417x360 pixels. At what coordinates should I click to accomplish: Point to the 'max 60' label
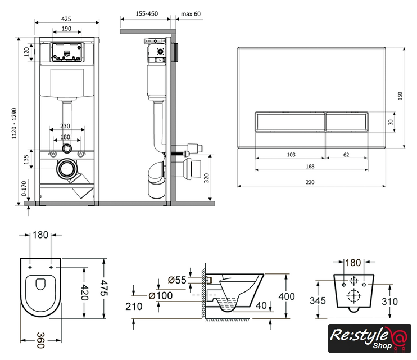191,14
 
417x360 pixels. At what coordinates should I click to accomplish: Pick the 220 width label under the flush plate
310,181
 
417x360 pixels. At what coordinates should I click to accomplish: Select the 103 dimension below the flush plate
290,155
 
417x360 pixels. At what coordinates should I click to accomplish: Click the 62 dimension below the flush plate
346,155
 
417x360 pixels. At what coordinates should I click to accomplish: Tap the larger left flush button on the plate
289,121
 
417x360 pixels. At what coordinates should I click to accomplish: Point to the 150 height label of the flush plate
400,96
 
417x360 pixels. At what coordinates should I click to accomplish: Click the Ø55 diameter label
177,280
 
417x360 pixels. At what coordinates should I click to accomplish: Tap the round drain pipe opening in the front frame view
68,168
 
